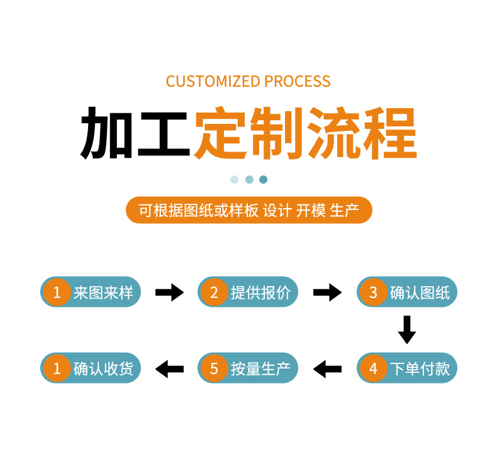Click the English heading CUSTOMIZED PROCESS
click(x=248, y=81)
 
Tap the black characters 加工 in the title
click(x=135, y=133)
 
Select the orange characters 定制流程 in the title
click(x=305, y=133)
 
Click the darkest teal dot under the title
click(x=263, y=179)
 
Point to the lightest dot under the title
click(x=234, y=179)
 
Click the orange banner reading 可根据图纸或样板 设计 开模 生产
click(x=248, y=211)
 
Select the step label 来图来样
click(x=102, y=292)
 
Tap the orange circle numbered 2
click(x=214, y=292)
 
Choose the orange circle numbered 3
click(x=373, y=292)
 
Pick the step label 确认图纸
click(x=420, y=292)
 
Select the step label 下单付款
click(x=420, y=368)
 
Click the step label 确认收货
click(x=103, y=368)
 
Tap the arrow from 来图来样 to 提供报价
click(x=169, y=292)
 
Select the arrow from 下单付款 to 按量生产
click(x=328, y=368)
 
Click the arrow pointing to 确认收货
click(x=169, y=368)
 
